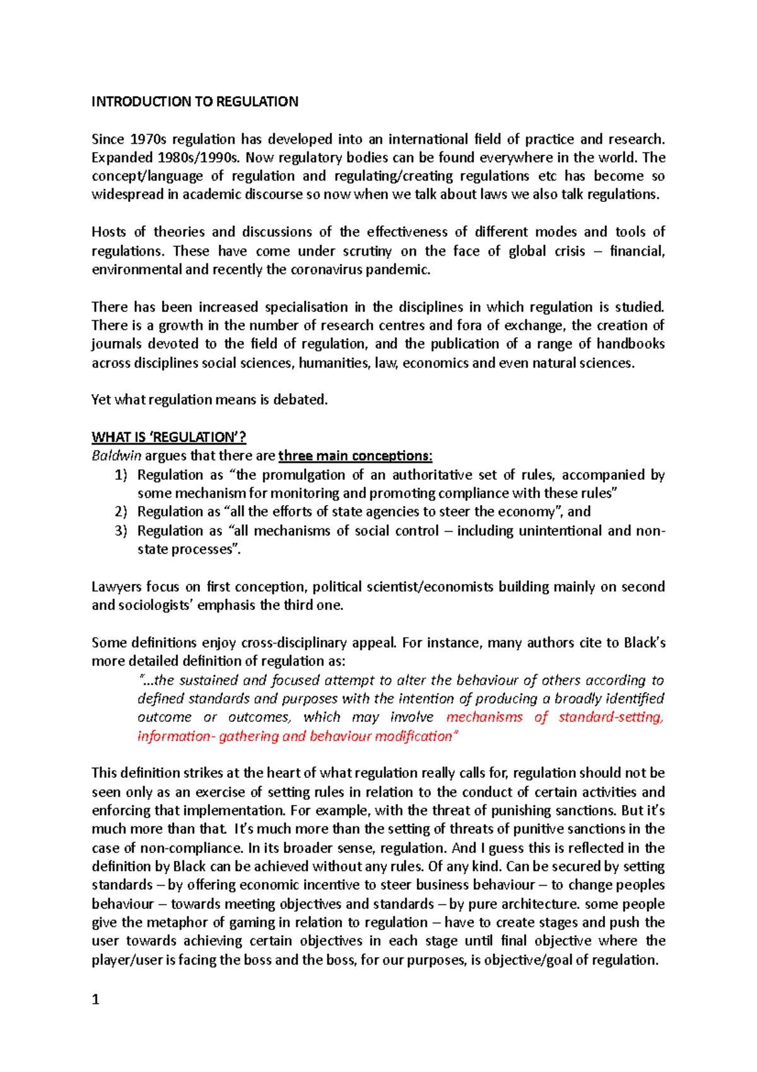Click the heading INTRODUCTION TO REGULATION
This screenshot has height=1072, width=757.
tap(195, 102)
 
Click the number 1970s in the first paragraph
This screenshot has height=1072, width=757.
tap(148, 139)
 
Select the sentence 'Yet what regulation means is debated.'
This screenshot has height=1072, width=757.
tap(209, 400)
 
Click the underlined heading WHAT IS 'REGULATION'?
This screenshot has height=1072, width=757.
tap(168, 437)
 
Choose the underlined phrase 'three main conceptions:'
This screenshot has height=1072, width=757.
tap(355, 456)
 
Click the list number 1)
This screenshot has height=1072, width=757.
tap(121, 475)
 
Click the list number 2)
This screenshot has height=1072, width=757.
tap(121, 511)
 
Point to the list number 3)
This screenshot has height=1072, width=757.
tap(121, 530)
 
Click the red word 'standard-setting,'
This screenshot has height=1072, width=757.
tap(611, 717)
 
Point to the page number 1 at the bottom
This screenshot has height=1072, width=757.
tap(96, 999)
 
